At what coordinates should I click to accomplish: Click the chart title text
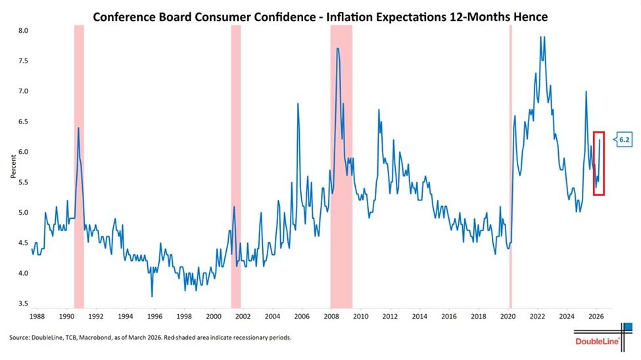point(320,16)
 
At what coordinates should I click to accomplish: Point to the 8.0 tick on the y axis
point(22,31)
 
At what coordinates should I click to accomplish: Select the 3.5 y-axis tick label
point(22,304)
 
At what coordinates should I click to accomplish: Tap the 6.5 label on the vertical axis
point(22,122)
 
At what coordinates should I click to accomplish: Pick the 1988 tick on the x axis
point(37,316)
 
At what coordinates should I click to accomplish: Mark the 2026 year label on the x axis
point(596,316)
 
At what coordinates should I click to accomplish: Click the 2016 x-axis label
point(449,316)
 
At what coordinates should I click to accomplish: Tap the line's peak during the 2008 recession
point(338,49)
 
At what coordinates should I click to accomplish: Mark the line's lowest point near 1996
point(152,296)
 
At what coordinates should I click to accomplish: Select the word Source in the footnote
point(20,337)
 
